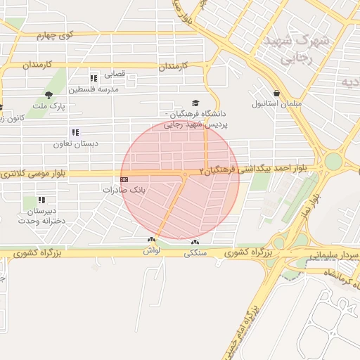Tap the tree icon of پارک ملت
coord(49,95)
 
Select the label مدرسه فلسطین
coord(94,89)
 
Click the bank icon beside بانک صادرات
coord(124,179)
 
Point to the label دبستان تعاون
coord(68,143)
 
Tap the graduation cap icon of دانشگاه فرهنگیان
coord(195,103)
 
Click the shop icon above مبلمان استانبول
coord(276,93)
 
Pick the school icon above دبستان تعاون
coord(74,132)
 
